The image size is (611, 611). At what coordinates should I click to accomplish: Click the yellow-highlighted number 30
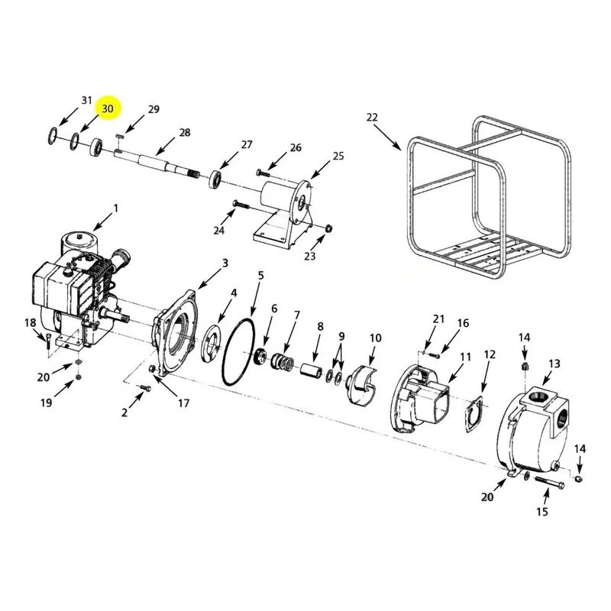tap(108, 108)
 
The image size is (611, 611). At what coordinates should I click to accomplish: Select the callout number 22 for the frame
tap(372, 117)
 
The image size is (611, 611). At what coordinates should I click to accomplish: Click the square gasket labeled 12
tap(474, 415)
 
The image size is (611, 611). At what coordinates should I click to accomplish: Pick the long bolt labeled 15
tap(550, 482)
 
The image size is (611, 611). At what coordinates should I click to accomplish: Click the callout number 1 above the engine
tap(115, 209)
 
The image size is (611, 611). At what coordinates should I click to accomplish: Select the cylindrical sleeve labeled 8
tap(311, 370)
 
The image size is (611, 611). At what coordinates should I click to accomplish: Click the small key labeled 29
tap(120, 137)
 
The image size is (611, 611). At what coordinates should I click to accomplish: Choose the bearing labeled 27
tap(215, 179)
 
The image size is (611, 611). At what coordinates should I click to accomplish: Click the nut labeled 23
tap(328, 228)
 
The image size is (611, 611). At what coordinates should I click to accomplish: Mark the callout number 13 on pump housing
tap(554, 364)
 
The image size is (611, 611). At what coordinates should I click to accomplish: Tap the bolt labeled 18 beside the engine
tap(48, 341)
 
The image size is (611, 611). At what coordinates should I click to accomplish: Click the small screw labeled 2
tap(145, 387)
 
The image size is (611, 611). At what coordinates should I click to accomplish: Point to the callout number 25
tap(338, 156)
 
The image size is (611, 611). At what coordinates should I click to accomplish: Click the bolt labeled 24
tap(241, 204)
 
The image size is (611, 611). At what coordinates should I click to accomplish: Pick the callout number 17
tap(183, 403)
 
